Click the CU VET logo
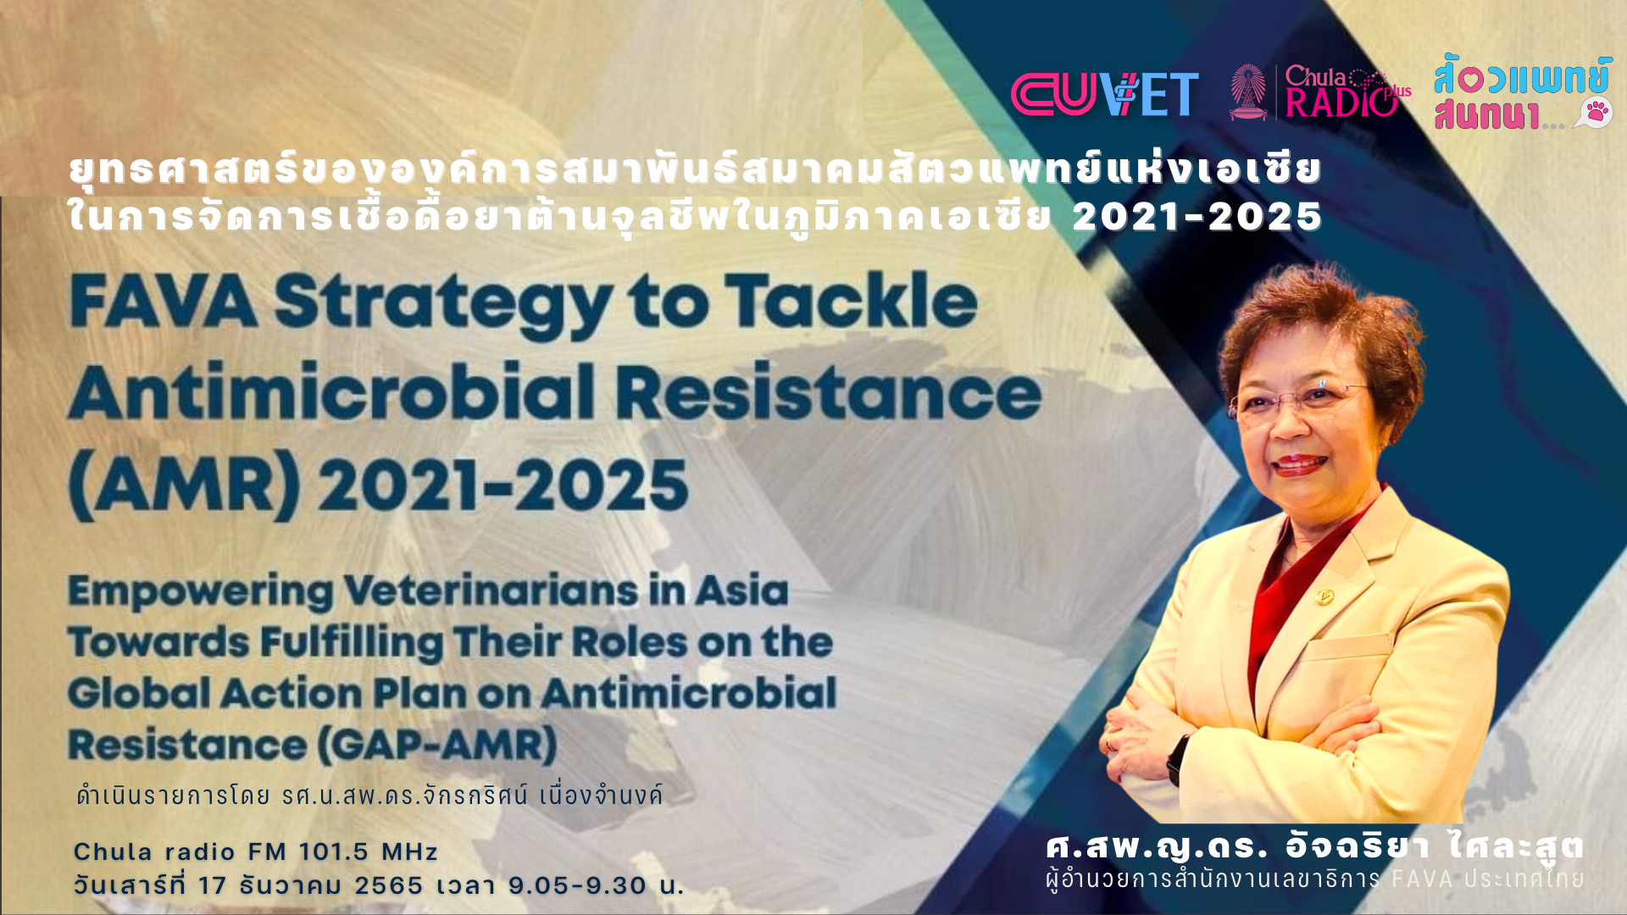click(x=1105, y=94)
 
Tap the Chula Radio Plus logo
click(x=1321, y=91)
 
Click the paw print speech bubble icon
click(x=1594, y=113)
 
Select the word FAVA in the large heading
click(x=164, y=302)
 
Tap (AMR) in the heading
click(x=184, y=486)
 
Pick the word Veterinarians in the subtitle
click(x=491, y=591)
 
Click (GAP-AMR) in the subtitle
click(x=437, y=746)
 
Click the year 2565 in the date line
click(x=388, y=885)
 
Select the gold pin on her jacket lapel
click(x=1324, y=596)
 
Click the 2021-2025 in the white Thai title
click(x=1197, y=217)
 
